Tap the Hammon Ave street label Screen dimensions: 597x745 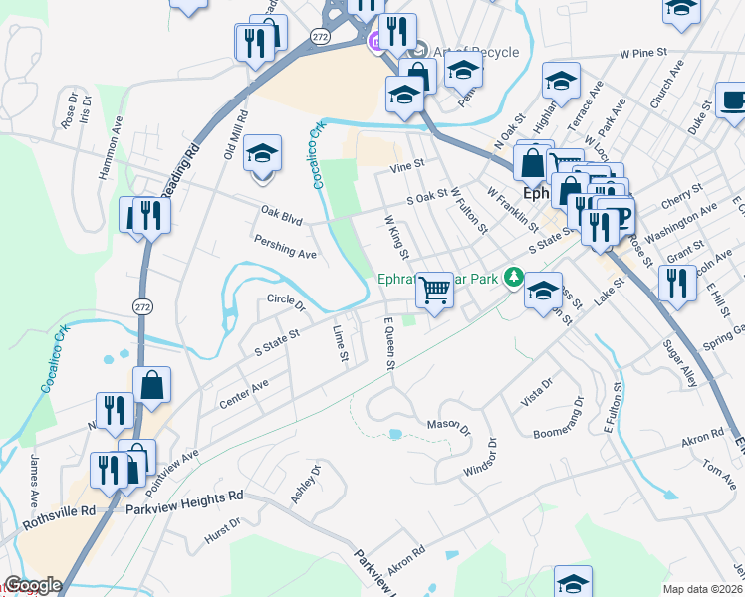point(111,148)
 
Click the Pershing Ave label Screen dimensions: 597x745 point(285,247)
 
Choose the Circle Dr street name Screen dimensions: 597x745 point(285,300)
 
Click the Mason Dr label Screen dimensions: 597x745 point(447,427)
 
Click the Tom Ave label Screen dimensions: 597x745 point(717,467)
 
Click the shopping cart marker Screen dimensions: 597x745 point(434,290)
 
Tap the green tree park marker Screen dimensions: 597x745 point(513,277)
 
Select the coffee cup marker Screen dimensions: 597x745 point(735,101)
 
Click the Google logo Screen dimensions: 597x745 point(32,586)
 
